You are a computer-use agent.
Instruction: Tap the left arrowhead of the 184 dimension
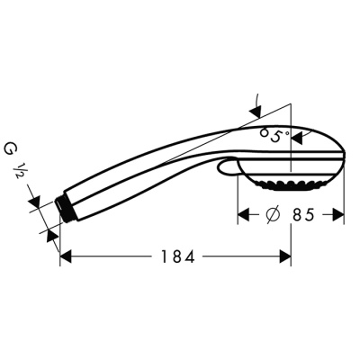[66, 256]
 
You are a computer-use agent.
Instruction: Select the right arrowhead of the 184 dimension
[285, 256]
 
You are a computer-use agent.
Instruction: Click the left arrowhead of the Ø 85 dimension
[243, 216]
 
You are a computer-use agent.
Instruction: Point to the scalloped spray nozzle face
[289, 184]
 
